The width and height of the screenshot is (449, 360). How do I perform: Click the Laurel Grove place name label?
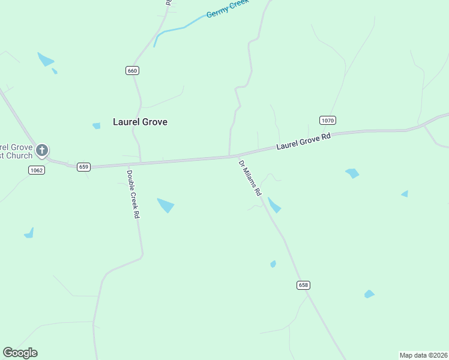pyautogui.click(x=140, y=122)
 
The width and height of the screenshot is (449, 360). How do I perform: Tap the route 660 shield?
pyautogui.click(x=133, y=71)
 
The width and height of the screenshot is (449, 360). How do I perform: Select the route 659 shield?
pyautogui.click(x=83, y=167)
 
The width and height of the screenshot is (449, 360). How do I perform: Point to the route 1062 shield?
pyautogui.click(x=36, y=170)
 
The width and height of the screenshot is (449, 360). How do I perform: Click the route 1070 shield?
pyautogui.click(x=327, y=121)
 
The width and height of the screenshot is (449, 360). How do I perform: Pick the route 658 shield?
pyautogui.click(x=303, y=285)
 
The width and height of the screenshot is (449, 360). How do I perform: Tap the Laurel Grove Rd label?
pyautogui.click(x=303, y=142)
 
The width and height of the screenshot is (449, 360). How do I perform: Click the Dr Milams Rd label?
pyautogui.click(x=250, y=178)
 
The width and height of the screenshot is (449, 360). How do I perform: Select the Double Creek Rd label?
pyautogui.click(x=133, y=194)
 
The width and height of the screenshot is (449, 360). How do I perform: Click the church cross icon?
pyautogui.click(x=42, y=150)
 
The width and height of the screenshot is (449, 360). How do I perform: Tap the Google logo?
pyautogui.click(x=20, y=353)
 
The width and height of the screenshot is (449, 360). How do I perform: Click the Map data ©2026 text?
pyautogui.click(x=423, y=355)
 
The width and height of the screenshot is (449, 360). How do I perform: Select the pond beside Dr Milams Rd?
pyautogui.click(x=274, y=206)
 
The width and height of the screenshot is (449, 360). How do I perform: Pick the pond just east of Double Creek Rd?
pyautogui.click(x=166, y=205)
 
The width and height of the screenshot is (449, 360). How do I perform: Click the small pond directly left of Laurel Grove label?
pyautogui.click(x=97, y=126)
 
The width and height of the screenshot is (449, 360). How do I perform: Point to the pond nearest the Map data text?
pyautogui.click(x=369, y=294)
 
